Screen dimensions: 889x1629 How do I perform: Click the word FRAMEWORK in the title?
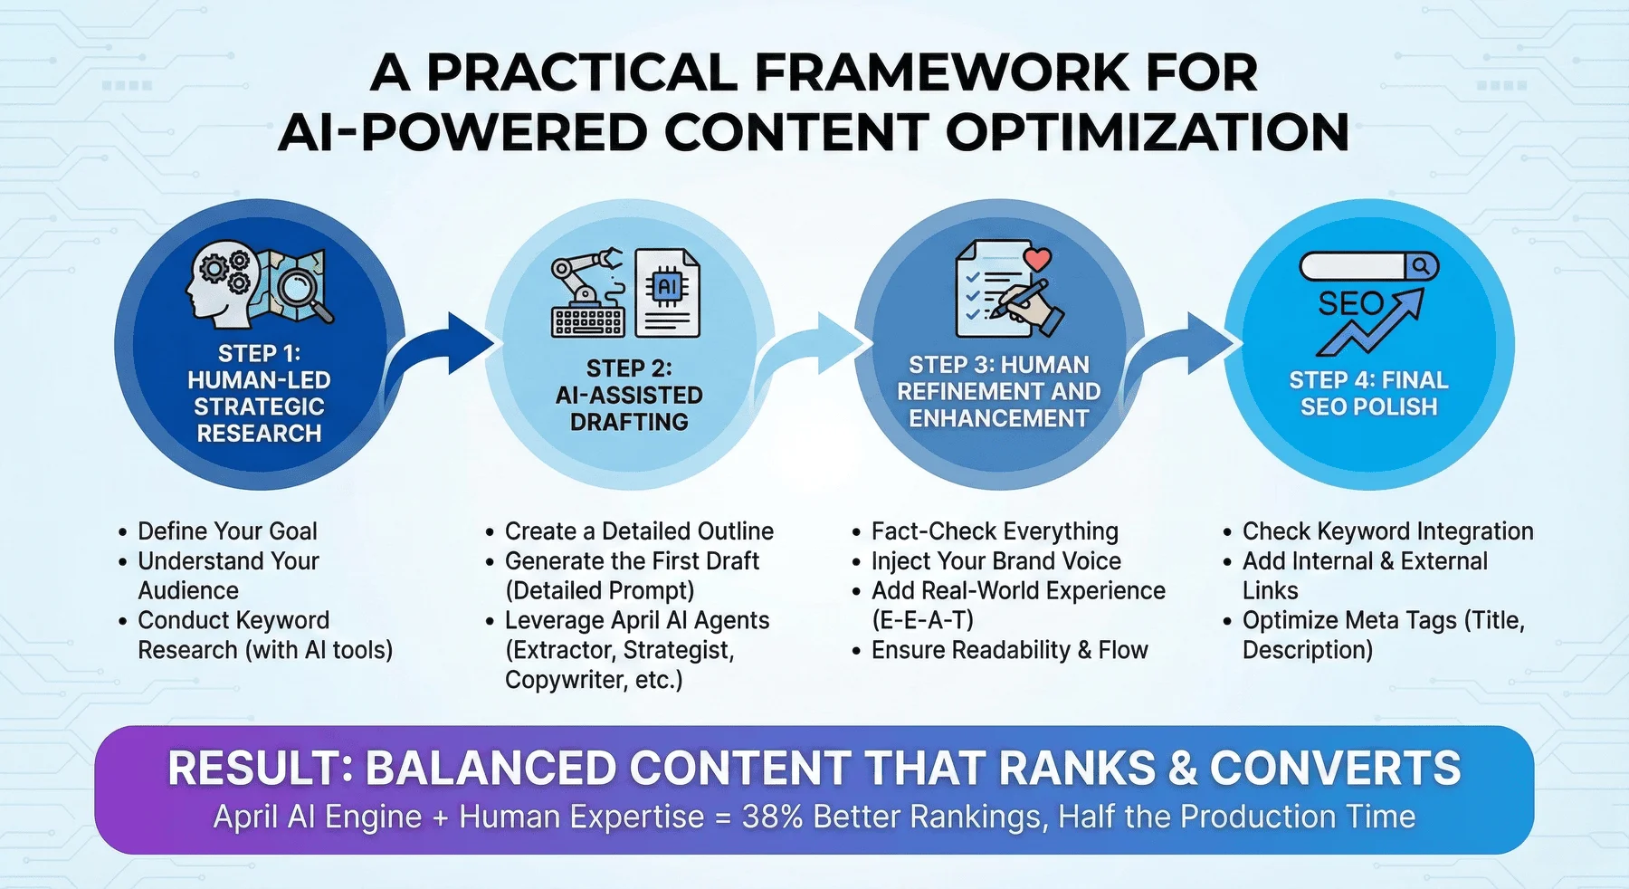941,72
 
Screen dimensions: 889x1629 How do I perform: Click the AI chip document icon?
668,292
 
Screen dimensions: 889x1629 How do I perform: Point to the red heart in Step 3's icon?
1037,259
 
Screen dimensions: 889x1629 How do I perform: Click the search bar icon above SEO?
1368,266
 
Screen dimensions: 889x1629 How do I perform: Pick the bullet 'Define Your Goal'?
227,531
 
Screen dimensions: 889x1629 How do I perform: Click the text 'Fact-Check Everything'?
995,531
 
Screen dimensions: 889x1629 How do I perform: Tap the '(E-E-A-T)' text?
922,620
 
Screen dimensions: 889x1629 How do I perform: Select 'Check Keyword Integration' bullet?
1387,531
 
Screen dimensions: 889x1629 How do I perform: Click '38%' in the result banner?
772,817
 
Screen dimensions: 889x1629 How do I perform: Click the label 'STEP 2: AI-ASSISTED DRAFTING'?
629,396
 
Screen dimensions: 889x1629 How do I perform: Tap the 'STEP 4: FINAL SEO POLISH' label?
1368,394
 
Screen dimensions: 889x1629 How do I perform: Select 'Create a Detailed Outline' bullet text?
639,531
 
